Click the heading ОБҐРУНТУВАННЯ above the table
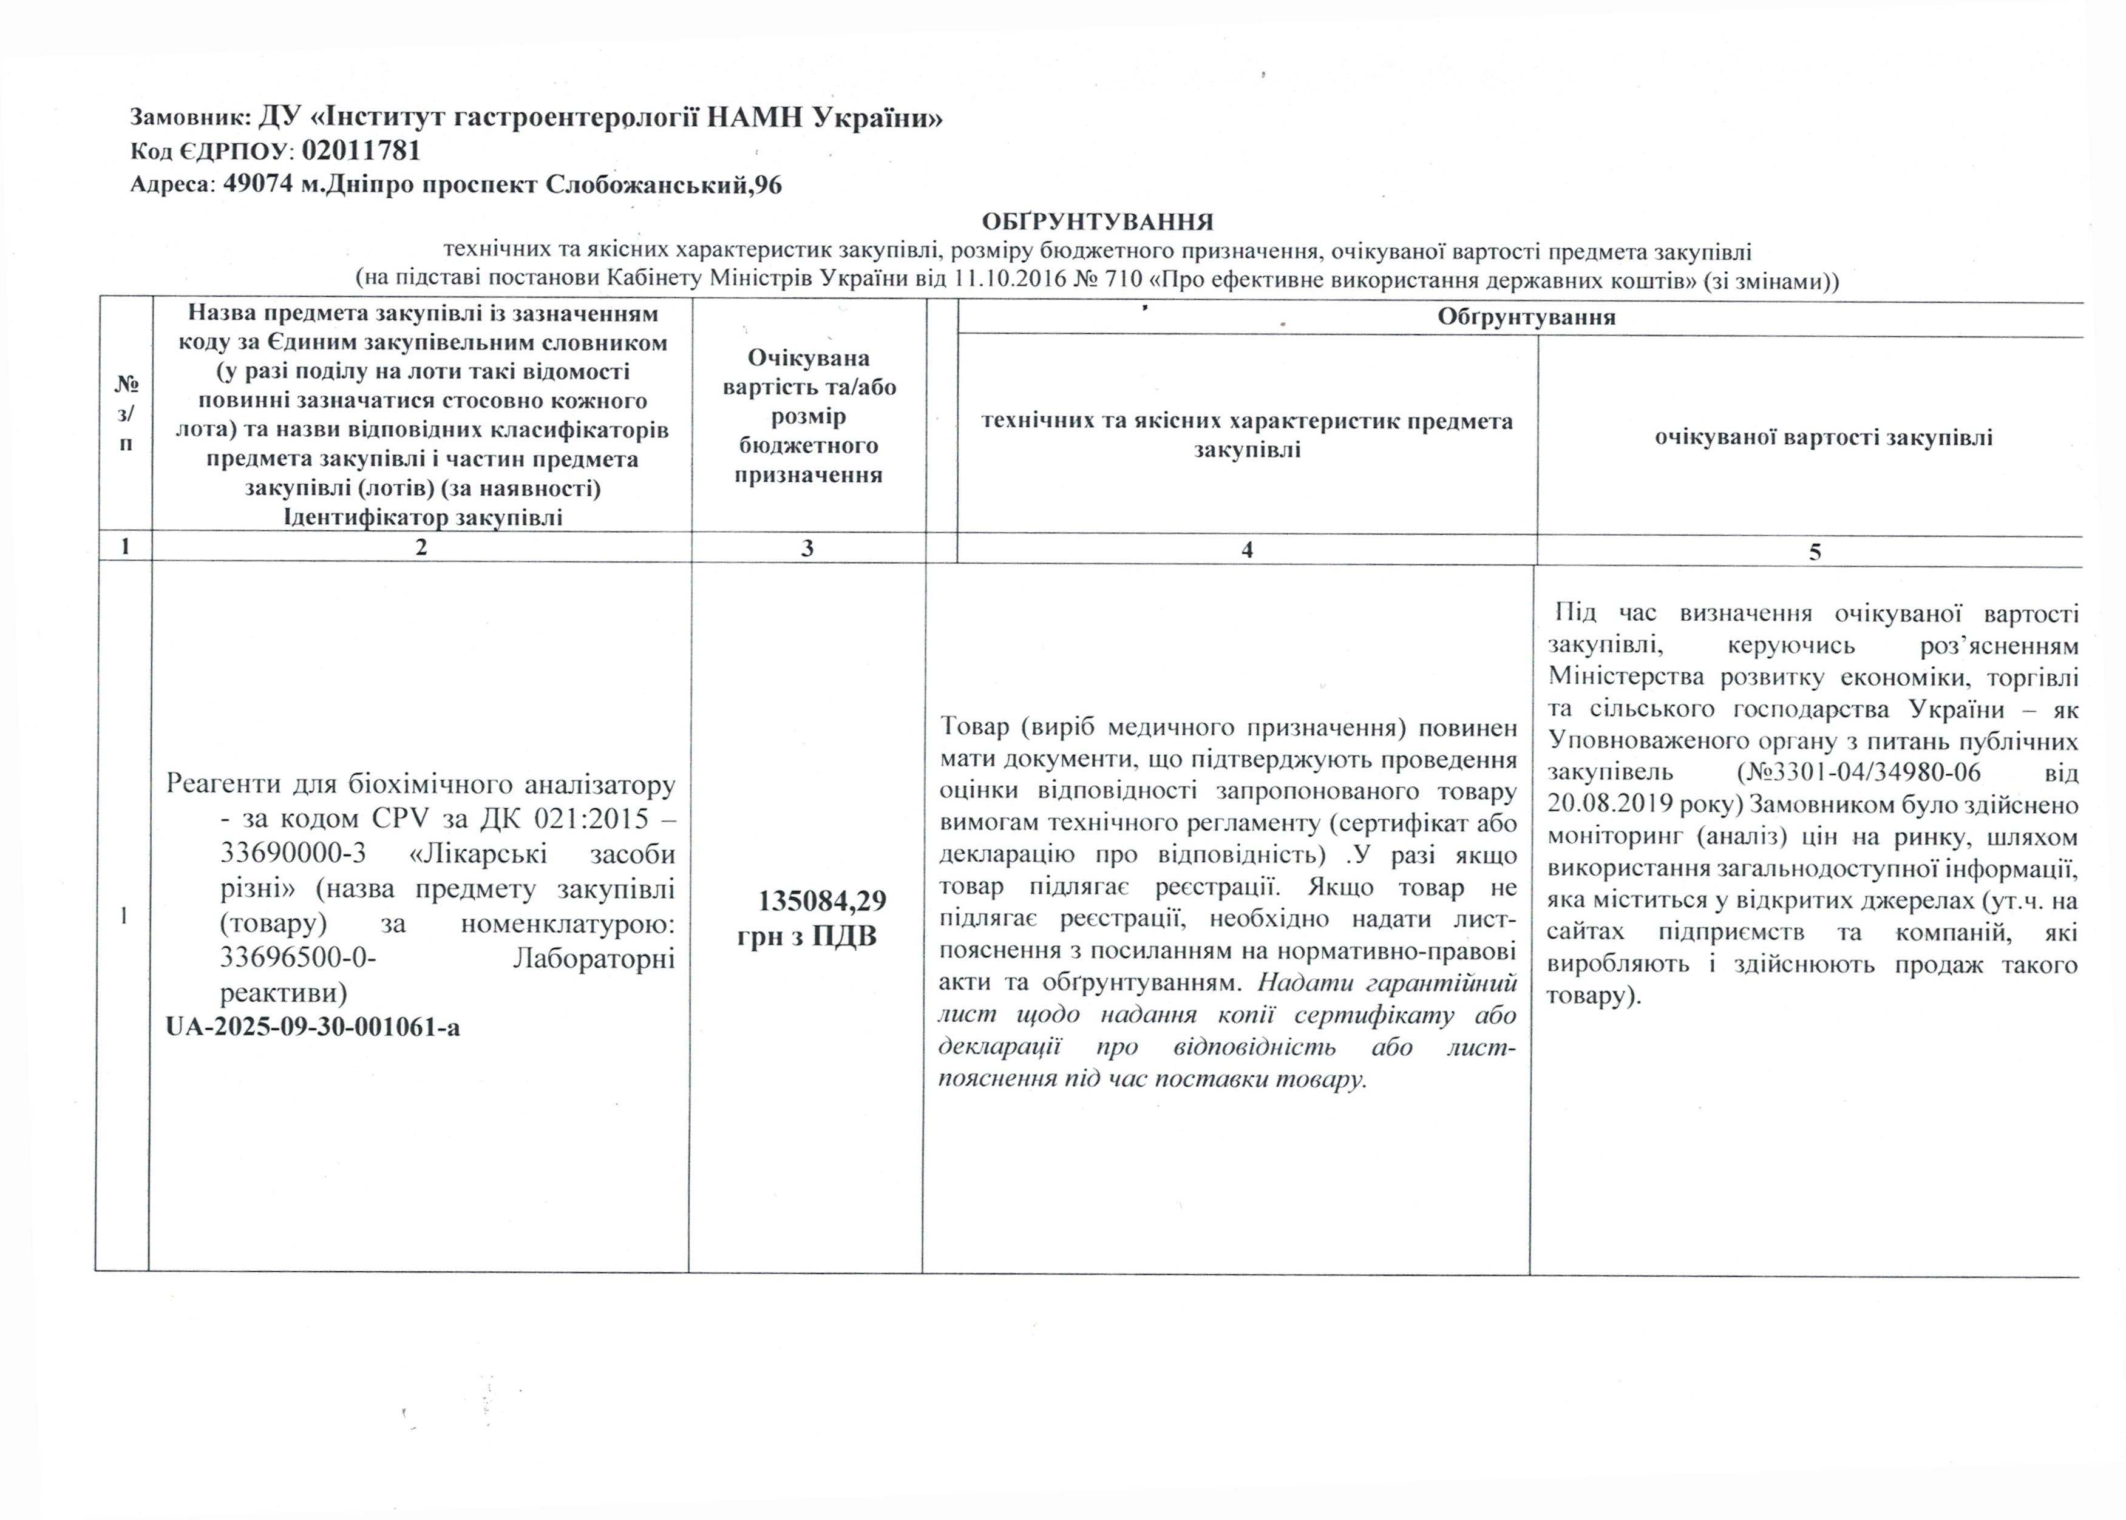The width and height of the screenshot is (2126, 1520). click(1096, 222)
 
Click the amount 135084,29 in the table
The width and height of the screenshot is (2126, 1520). click(821, 901)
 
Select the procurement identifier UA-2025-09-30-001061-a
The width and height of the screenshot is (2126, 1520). click(313, 1027)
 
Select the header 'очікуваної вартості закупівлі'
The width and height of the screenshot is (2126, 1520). click(1822, 437)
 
